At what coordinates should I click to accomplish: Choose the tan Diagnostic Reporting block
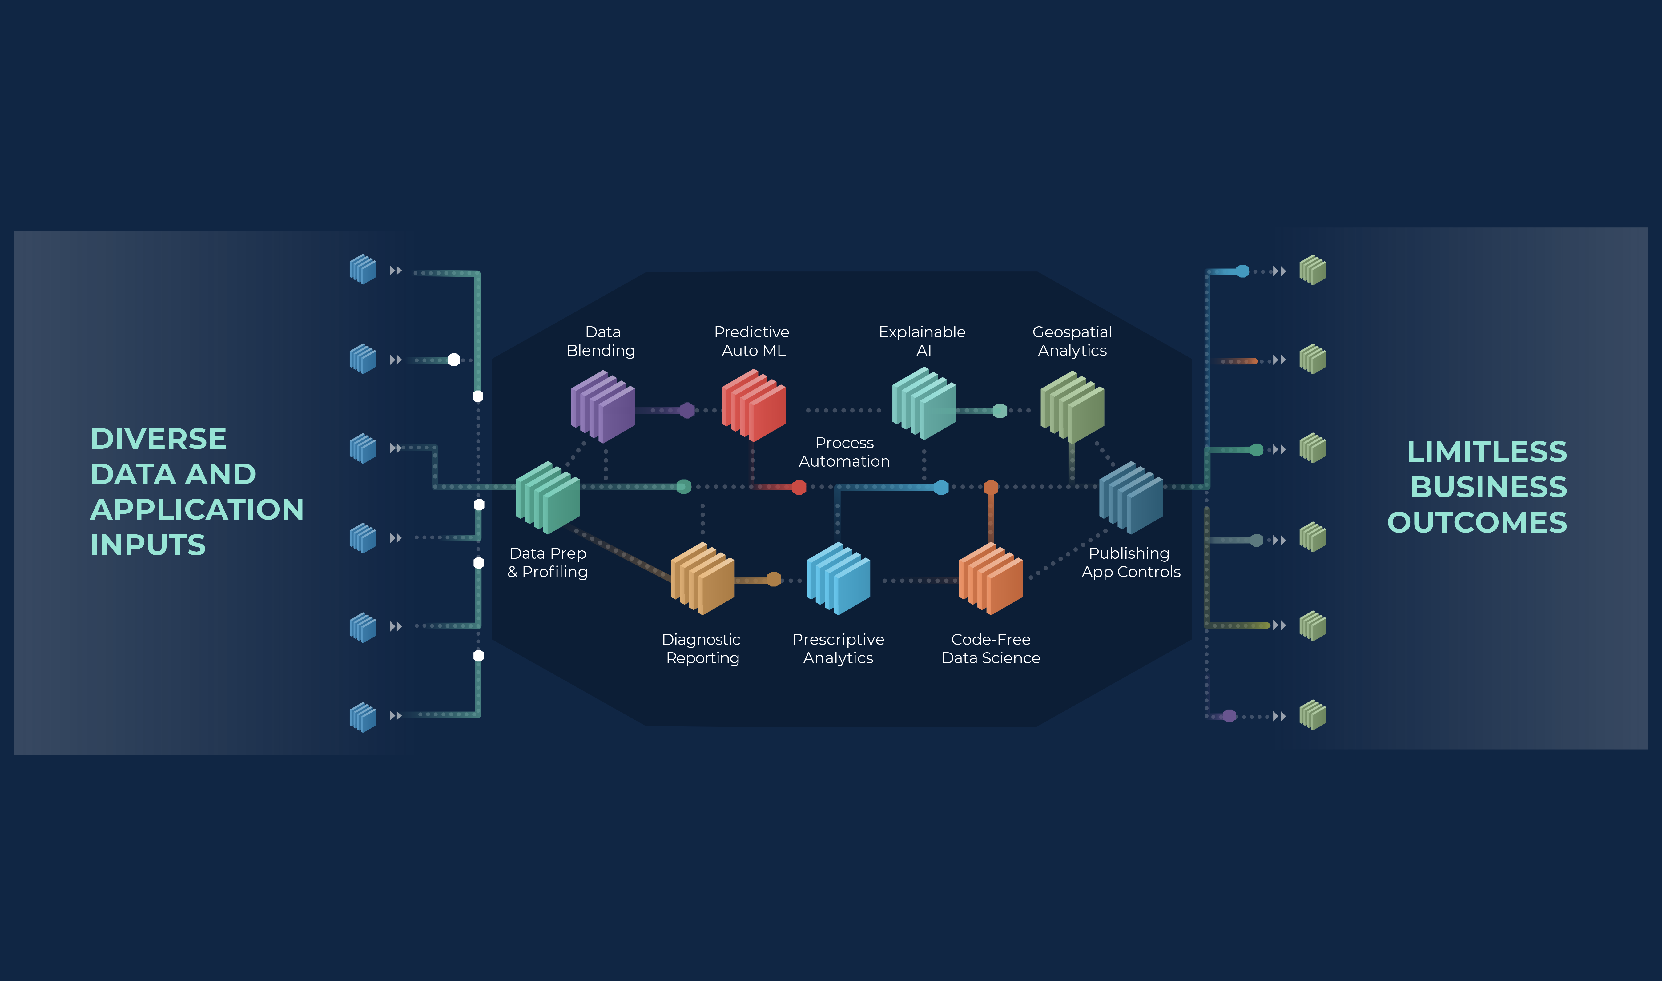(x=702, y=578)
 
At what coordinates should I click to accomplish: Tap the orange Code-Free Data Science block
(x=990, y=578)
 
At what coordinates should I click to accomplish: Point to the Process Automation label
(x=844, y=452)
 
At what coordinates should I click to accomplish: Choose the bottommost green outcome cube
(x=1312, y=715)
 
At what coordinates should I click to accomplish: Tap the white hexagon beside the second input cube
(x=453, y=360)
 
